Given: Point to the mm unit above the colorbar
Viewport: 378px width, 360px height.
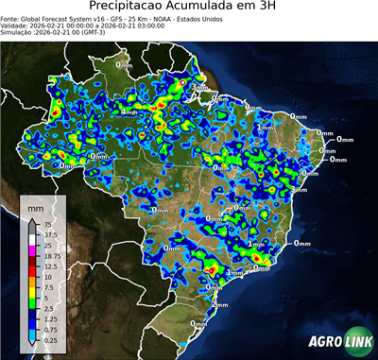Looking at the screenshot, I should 35,207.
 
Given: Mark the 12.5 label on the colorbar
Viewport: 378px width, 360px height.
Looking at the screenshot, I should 50,266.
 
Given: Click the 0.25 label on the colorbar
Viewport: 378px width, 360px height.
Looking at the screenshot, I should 52,340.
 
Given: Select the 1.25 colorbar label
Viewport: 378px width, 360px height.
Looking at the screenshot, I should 50,319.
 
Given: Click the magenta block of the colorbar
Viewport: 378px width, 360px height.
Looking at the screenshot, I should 33,250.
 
